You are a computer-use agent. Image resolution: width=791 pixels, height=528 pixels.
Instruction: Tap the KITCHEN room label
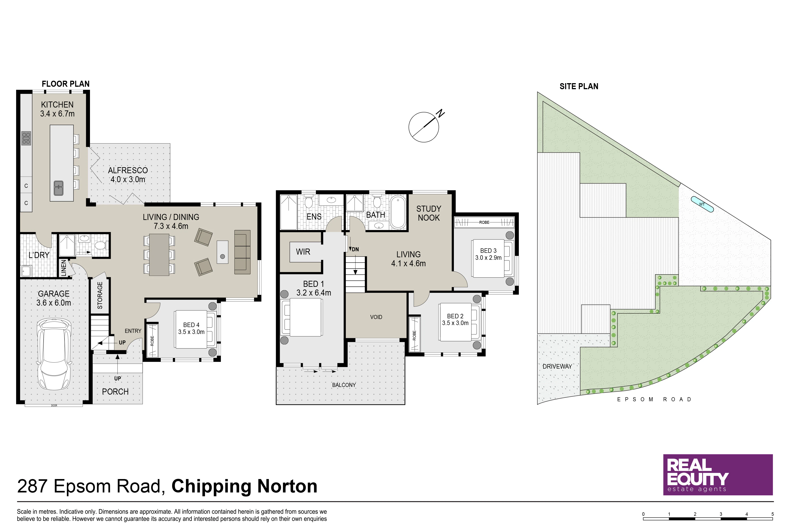[57, 105]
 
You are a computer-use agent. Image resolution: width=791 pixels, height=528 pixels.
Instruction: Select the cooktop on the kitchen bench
[26, 138]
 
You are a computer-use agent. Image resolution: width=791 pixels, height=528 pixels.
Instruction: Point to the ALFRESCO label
[128, 170]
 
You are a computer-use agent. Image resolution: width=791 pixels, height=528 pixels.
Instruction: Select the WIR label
[303, 252]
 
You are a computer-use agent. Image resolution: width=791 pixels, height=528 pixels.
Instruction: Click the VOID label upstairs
[376, 317]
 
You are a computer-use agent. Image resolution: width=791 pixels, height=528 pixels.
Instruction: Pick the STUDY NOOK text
[429, 213]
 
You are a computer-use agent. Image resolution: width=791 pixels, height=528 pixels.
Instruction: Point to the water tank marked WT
[702, 204]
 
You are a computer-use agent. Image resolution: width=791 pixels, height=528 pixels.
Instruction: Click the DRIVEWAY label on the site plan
[557, 366]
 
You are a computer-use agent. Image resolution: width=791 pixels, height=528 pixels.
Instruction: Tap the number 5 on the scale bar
[772, 514]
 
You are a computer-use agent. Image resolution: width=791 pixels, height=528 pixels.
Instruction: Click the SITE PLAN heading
[579, 87]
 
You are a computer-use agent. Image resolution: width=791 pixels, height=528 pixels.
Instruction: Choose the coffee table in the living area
[222, 252]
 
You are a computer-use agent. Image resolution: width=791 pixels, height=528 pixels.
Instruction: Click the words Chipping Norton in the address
[244, 486]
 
